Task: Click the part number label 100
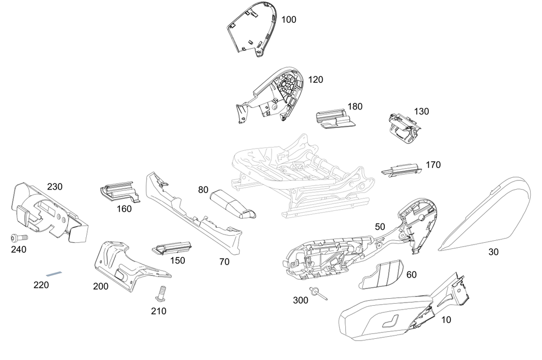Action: coord(289,20)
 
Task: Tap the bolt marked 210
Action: coord(160,294)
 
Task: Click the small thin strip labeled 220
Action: coord(54,274)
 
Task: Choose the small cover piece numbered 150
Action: coord(172,248)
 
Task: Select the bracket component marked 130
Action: coord(404,128)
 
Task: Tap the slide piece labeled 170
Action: coord(401,170)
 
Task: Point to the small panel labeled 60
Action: coord(382,274)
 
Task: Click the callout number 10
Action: coord(446,320)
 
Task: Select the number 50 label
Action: coord(379,226)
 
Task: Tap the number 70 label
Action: coord(224,262)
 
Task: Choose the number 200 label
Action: coord(100,286)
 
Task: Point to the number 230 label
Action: coord(55,187)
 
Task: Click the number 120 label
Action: coord(315,80)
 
